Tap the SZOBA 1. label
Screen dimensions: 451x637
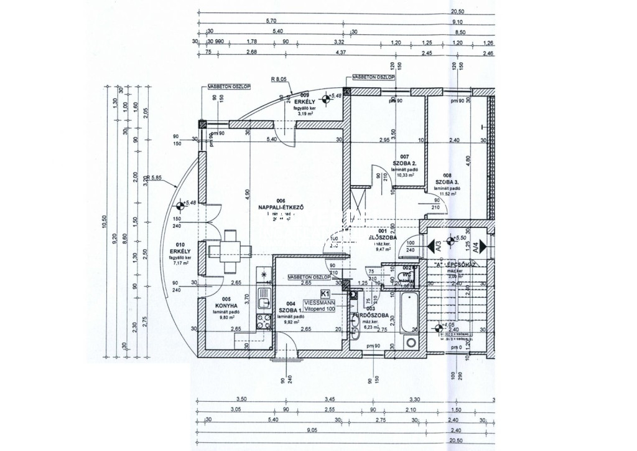tap(291, 310)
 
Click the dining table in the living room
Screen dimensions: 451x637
tap(231, 251)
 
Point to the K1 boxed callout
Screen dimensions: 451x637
tap(325, 293)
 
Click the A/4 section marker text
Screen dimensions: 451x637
tap(475, 245)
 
